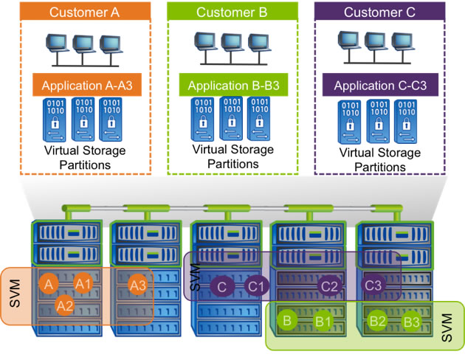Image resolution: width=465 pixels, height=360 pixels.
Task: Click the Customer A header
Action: coord(85,12)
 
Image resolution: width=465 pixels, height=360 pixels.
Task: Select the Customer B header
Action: coord(232,12)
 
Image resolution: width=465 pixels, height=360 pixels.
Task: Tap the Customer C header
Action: coord(380,12)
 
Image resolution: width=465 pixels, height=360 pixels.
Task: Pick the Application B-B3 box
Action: coord(232,86)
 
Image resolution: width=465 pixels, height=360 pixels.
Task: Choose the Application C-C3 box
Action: coord(380,86)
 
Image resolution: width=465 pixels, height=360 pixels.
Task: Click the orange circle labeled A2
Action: coord(65,304)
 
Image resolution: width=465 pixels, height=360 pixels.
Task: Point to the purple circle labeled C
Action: coord(221,285)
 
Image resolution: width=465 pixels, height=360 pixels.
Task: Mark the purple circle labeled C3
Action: coord(374,285)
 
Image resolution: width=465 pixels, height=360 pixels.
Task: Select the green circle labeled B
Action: coord(288,321)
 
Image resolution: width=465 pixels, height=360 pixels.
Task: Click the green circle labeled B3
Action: coord(412,322)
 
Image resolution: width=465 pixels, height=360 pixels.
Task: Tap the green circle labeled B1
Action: coord(323,322)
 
